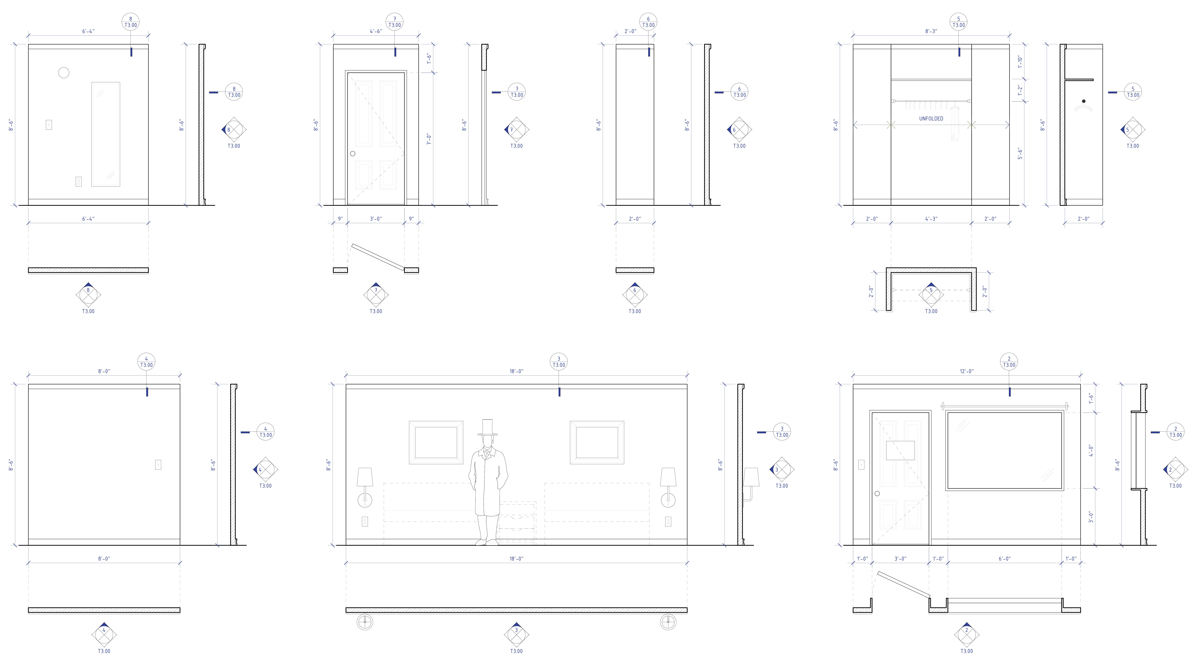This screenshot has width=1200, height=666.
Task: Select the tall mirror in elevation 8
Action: point(106,134)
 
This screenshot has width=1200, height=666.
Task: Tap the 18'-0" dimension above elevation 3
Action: point(516,371)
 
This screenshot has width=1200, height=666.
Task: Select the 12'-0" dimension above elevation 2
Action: point(967,371)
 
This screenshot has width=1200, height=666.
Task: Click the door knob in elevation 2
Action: point(877,494)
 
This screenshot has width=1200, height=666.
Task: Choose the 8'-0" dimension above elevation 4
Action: point(104,371)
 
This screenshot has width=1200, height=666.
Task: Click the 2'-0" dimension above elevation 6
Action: point(630,31)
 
